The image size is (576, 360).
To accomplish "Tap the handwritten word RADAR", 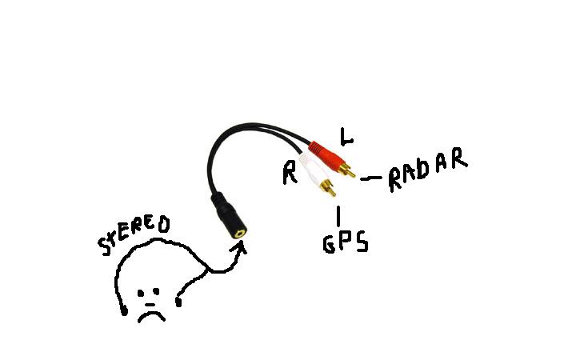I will pos(427,170).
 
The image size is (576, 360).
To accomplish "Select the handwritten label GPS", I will pos(345,242).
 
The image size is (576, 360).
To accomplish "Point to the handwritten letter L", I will pos(346,137).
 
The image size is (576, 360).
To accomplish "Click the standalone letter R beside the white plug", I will pos(290,174).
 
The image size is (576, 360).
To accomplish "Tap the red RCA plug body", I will pos(323,154).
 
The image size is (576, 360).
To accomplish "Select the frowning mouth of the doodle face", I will pos(150,314).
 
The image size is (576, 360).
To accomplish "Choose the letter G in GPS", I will pos(329,244).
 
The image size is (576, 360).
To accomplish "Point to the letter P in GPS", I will pos(345,242).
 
